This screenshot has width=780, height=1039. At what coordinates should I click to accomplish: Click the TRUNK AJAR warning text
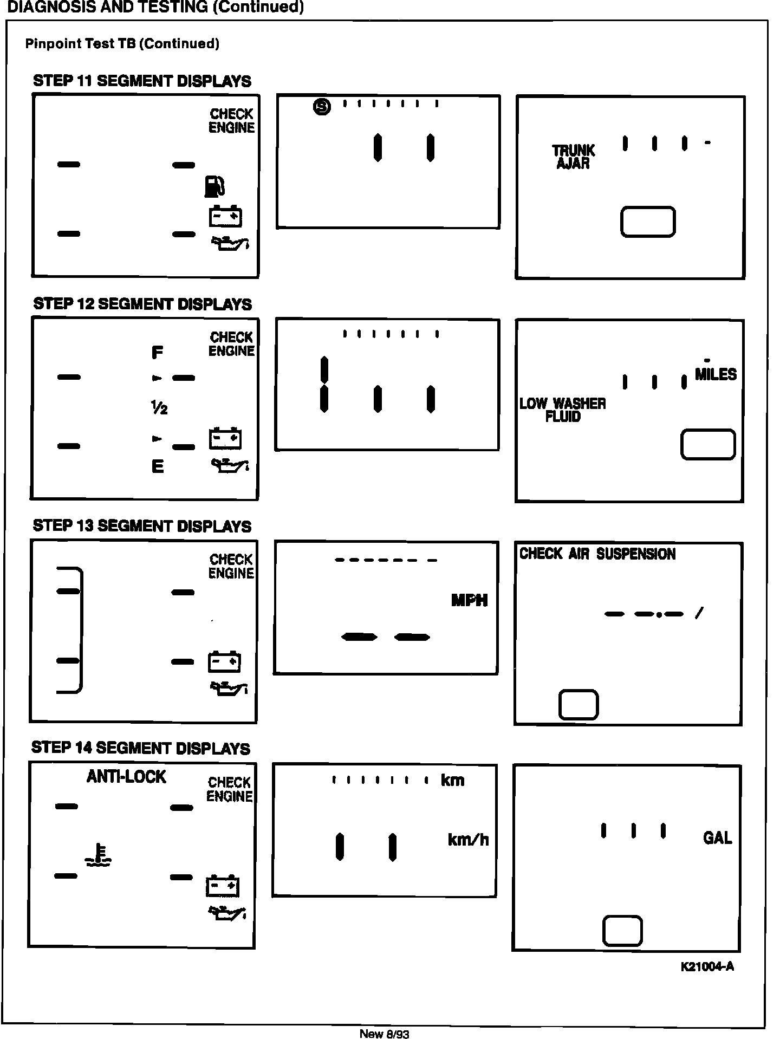tap(573, 157)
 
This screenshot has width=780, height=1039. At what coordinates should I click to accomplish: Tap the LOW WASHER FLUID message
tap(563, 410)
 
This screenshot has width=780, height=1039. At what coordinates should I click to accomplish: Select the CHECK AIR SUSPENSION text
tap(597, 554)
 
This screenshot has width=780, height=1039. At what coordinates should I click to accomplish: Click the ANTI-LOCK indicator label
tap(126, 777)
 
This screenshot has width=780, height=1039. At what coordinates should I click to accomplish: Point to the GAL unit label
tap(717, 838)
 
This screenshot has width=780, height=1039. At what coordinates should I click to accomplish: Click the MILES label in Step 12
tap(716, 374)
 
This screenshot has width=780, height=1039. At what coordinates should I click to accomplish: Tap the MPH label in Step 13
tap(469, 600)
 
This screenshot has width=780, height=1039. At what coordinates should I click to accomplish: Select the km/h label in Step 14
tap(468, 840)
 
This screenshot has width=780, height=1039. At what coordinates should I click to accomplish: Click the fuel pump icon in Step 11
tap(214, 186)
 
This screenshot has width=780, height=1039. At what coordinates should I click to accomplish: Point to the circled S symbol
tap(322, 107)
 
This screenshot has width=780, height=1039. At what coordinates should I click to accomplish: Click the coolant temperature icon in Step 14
tap(98, 855)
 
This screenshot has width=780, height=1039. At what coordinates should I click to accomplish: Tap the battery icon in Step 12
tap(225, 438)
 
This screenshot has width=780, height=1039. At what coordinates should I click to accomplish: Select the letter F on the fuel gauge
tap(157, 353)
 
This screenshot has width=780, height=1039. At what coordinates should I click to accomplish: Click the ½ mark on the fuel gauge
tap(159, 408)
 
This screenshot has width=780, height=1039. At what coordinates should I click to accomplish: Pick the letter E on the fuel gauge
tap(158, 466)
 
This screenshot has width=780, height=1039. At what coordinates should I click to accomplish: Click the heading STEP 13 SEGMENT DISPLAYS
tap(142, 526)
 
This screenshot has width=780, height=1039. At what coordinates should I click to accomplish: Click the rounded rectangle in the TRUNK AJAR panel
tap(648, 222)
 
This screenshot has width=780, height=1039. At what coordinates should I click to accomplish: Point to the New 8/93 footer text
tap(385, 1034)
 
